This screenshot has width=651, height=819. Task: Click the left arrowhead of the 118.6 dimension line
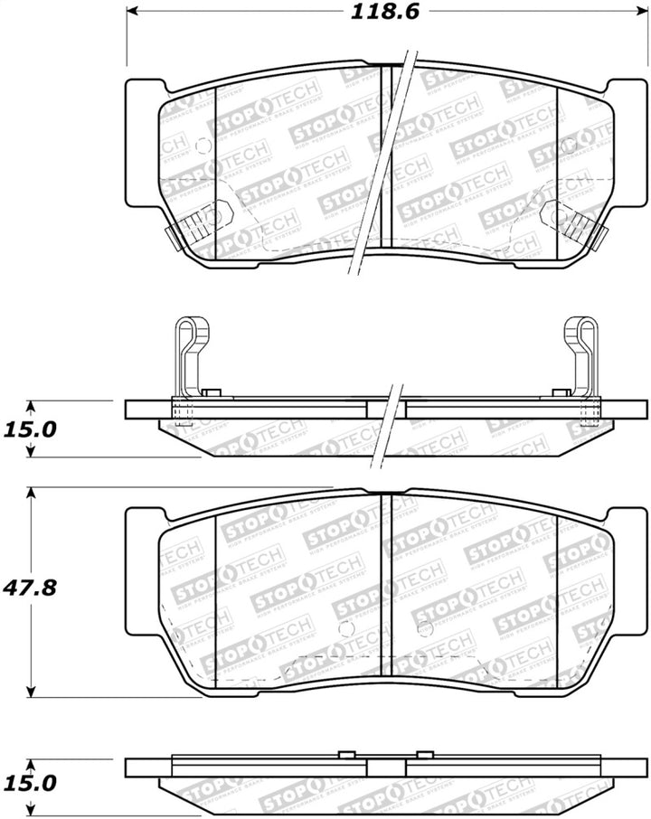132,12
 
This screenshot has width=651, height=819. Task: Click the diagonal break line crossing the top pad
386,163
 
